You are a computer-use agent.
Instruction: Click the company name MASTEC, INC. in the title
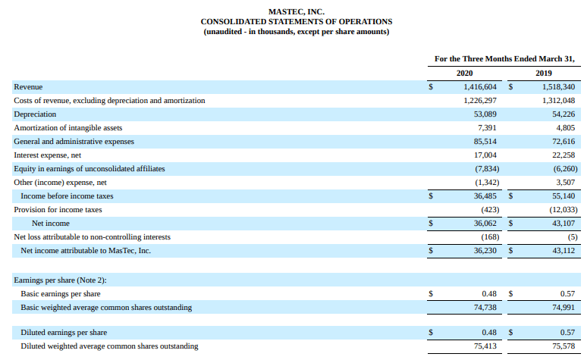[297, 12]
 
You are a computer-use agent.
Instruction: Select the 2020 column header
[464, 73]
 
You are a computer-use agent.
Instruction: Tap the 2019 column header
[544, 73]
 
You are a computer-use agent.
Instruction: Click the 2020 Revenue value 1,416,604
[480, 87]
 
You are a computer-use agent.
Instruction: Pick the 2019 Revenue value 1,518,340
[559, 87]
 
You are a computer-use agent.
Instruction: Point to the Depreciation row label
[35, 114]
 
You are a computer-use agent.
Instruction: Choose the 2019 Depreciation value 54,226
[564, 114]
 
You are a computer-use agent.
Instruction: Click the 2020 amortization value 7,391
[487, 128]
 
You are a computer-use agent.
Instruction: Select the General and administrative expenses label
[74, 142]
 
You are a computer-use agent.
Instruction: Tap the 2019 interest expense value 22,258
[564, 155]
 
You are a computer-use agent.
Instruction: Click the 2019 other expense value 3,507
[566, 183]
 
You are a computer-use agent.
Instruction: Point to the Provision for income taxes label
[58, 210]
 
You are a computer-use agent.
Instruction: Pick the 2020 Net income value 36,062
[485, 224]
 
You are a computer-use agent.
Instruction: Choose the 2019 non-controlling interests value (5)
[573, 237]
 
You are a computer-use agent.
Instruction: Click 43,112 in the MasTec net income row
[564, 251]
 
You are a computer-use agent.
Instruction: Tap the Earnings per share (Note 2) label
[61, 280]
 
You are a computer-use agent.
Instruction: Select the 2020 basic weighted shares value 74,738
[485, 308]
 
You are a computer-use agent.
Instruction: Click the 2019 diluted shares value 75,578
[564, 346]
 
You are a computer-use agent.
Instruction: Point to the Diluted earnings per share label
[64, 333]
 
